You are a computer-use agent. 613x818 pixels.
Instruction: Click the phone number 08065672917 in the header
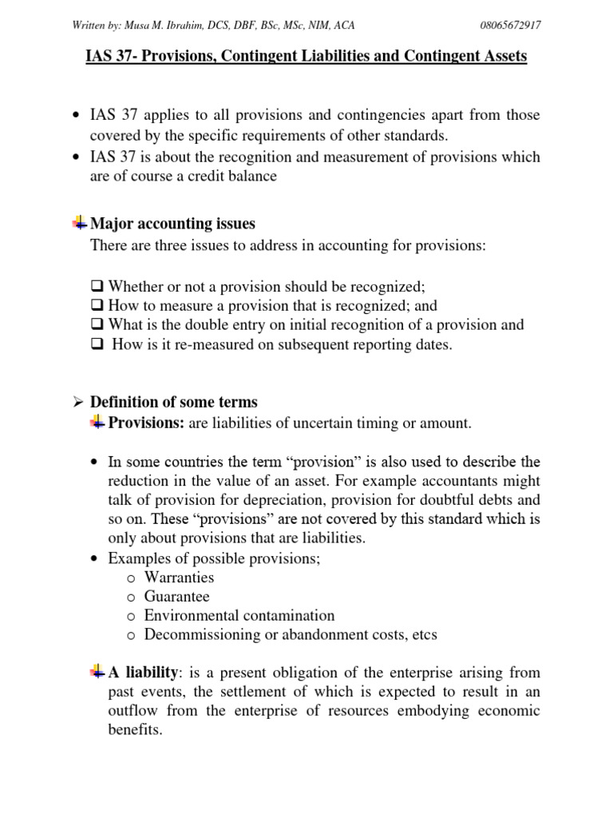click(x=510, y=26)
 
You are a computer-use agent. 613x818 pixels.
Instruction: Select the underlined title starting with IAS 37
click(x=306, y=58)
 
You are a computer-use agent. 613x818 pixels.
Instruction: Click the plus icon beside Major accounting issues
click(x=80, y=223)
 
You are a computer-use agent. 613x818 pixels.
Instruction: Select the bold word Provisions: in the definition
click(x=146, y=423)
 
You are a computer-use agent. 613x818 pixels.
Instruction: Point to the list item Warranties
click(x=179, y=578)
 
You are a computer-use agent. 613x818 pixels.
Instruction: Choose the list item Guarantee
click(x=176, y=597)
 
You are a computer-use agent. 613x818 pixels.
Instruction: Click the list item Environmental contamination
click(x=239, y=616)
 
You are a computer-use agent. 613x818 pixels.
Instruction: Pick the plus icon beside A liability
click(x=97, y=672)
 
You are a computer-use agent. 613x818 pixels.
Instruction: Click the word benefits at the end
click(x=135, y=730)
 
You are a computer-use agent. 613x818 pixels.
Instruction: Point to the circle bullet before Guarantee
click(x=132, y=598)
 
